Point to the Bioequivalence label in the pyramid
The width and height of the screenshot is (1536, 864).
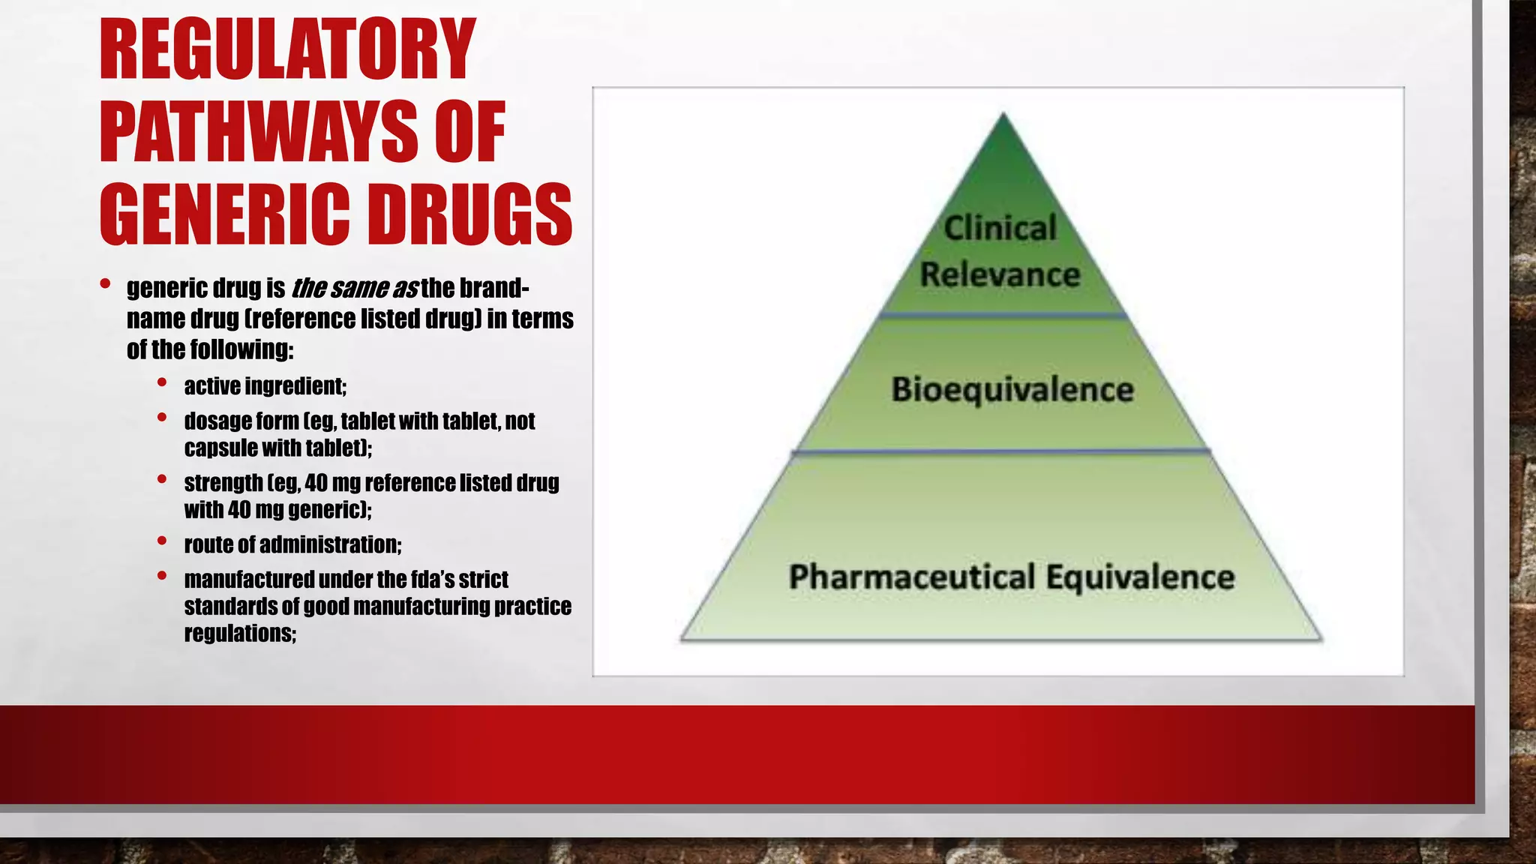coord(1012,390)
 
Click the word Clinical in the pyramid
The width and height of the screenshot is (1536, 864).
coord(1000,228)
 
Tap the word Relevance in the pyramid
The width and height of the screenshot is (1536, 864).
coord(1000,274)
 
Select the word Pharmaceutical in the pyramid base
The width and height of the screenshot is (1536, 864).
coord(911,577)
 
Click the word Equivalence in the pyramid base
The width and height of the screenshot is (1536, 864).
coord(1140,577)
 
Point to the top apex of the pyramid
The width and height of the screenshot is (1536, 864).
coord(1003,115)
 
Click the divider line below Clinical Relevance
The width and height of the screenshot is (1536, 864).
coord(1003,316)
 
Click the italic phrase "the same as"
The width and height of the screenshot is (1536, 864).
coord(352,288)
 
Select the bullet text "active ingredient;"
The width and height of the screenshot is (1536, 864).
coord(265,386)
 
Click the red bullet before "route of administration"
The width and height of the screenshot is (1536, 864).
coord(162,540)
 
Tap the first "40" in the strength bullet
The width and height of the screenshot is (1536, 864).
coord(316,483)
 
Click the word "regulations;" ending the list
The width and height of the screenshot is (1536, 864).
coord(240,634)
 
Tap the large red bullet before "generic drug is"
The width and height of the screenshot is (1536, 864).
coord(106,284)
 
